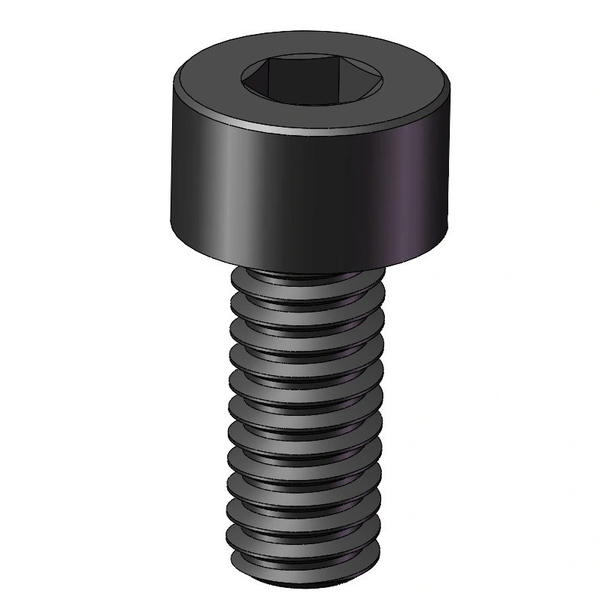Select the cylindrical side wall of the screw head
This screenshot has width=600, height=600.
click(302, 189)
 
